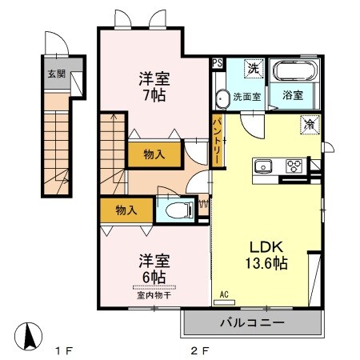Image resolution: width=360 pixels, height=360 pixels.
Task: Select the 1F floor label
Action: pyautogui.click(x=64, y=350)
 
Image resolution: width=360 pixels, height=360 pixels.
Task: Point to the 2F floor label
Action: pyautogui.click(x=200, y=350)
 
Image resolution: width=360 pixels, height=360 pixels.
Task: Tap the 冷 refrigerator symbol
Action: pyautogui.click(x=309, y=125)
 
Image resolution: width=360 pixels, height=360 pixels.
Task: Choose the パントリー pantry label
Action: pyautogui.click(x=218, y=141)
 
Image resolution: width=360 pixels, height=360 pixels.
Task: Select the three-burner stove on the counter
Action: pyautogui.click(x=293, y=166)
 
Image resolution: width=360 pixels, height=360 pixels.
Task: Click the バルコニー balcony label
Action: pyautogui.click(x=252, y=322)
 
